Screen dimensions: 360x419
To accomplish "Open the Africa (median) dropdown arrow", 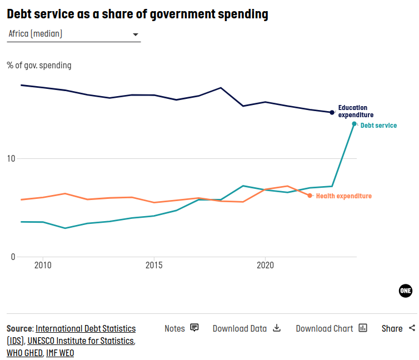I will click(135, 34).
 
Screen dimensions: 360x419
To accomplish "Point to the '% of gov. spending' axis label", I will click(39, 66).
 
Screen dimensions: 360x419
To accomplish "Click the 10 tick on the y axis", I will click(11, 159).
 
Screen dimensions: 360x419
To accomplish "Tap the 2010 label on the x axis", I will click(43, 266).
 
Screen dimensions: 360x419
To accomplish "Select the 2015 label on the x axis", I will click(154, 266).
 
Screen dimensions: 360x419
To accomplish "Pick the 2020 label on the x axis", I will click(265, 266).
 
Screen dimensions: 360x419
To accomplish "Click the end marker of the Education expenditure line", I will click(332, 112).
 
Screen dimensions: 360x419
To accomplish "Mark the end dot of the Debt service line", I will click(354, 124).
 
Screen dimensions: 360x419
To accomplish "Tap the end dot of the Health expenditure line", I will click(310, 196).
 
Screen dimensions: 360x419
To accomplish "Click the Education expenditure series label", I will click(356, 111).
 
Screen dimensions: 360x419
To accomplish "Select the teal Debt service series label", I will click(378, 126).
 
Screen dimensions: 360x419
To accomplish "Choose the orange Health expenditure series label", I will click(343, 196).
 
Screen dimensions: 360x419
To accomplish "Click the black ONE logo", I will click(406, 291).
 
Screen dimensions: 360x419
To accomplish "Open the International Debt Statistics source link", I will click(85, 328).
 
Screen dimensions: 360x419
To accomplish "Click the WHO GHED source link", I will click(24, 353).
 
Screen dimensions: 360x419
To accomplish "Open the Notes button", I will click(181, 328).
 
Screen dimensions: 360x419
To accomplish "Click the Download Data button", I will click(247, 328).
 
